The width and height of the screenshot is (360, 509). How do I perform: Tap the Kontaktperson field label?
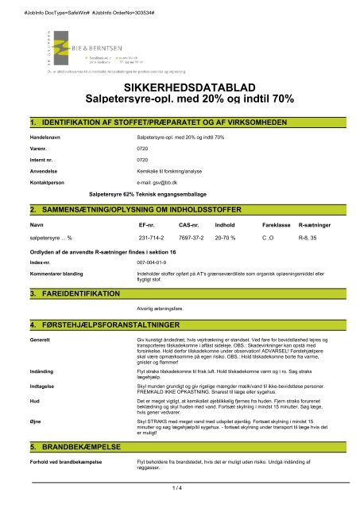(x=46, y=182)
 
